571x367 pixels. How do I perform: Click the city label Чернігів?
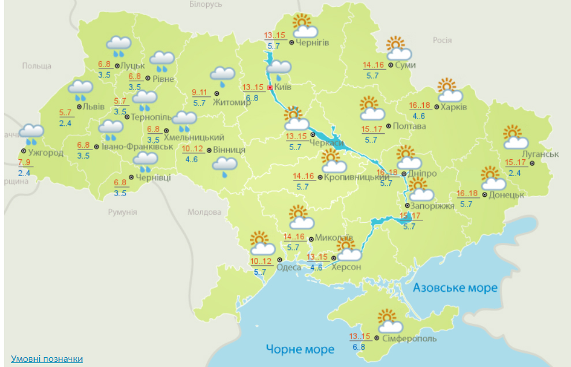[x=313, y=42]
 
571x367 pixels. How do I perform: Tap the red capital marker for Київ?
[x=269, y=88]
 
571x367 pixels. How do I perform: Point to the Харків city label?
[x=454, y=107]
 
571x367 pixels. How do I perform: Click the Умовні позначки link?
[x=47, y=359]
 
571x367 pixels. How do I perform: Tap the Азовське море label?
[x=456, y=287]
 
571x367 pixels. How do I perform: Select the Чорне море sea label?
[x=300, y=349]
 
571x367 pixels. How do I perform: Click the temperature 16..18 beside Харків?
[x=419, y=106]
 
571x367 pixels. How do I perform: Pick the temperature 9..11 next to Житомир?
[x=200, y=92]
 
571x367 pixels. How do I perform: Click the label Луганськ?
[x=540, y=154]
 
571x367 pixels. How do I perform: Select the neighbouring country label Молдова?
[x=204, y=212]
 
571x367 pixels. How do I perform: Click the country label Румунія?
[x=122, y=212]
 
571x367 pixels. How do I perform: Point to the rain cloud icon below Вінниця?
[x=225, y=167]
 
